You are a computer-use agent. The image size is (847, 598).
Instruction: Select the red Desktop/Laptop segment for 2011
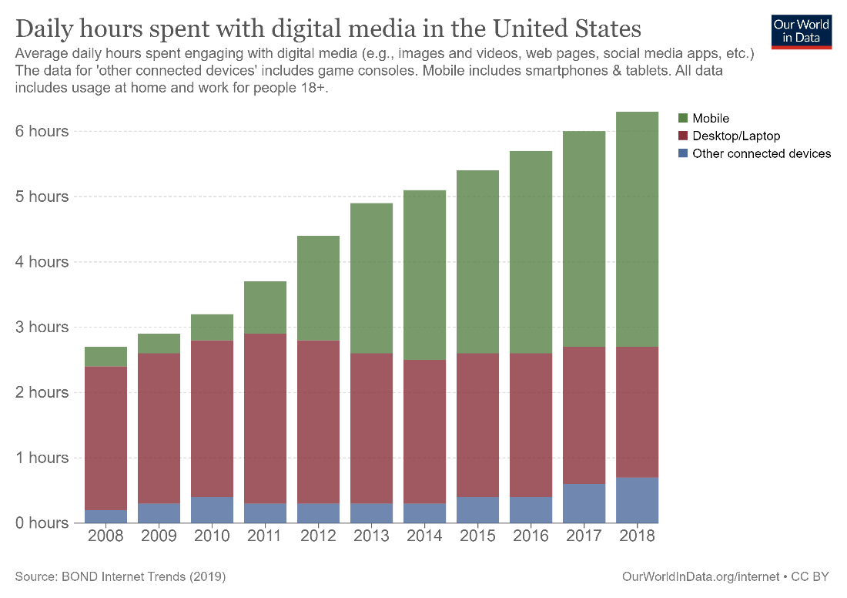266,418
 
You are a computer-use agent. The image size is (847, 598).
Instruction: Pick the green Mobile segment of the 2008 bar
105,356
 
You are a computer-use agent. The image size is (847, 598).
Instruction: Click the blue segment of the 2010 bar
213,509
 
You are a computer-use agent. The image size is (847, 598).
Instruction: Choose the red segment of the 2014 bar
425,432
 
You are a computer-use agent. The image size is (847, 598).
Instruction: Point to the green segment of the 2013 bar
372,278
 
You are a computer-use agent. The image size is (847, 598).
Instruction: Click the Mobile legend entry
710,118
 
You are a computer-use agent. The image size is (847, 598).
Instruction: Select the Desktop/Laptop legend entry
735,136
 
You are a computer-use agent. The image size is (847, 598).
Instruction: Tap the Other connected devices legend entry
761,153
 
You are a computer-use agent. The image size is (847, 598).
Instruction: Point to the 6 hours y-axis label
42,131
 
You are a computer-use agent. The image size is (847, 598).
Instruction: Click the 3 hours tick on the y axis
42,327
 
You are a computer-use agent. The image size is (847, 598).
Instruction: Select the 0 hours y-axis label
42,522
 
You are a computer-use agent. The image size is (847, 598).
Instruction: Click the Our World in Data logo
802,30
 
